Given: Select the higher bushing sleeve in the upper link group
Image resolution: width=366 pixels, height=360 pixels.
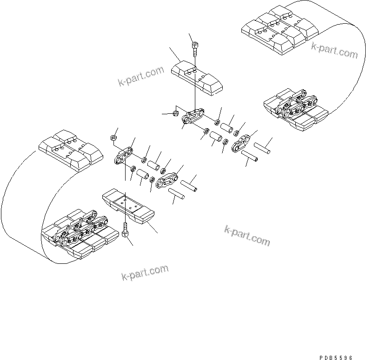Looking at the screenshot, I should coord(227,126).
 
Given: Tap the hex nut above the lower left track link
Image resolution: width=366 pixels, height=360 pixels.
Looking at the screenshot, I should coord(113,138).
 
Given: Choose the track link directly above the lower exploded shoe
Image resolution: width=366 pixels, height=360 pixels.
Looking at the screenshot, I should coord(123,157).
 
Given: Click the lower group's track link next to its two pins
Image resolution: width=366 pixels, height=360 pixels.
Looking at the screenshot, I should coord(168,181).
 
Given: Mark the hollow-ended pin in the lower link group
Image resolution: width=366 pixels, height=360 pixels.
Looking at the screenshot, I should coord(190,185).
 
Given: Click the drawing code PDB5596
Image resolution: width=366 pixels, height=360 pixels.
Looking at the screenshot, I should coord(336,358).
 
